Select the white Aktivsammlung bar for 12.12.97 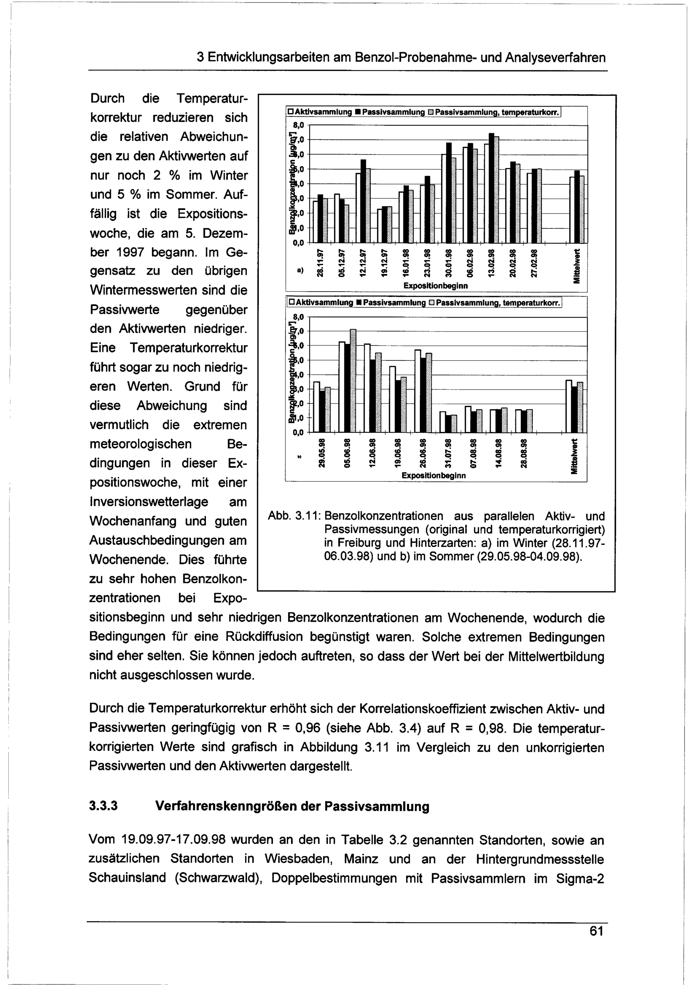point(358,208)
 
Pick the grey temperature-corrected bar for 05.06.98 point(353,381)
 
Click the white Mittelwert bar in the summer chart point(568,406)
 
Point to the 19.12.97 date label point(385,262)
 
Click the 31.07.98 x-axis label point(447,453)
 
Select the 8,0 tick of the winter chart point(298,125)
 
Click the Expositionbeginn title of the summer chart point(434,476)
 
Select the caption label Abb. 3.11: point(292,516)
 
